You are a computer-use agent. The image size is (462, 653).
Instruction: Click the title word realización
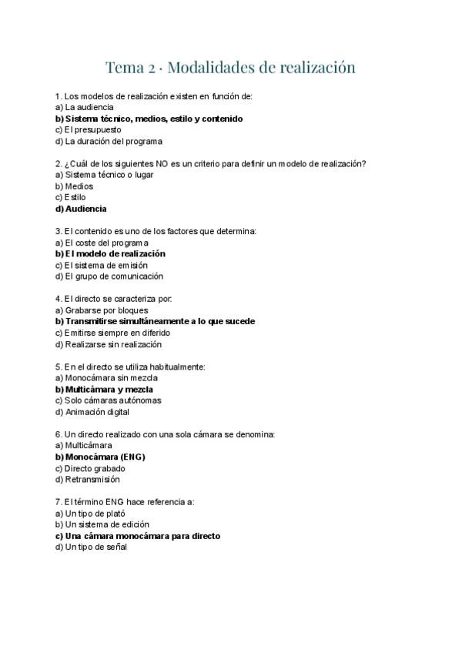pyautogui.click(x=314, y=68)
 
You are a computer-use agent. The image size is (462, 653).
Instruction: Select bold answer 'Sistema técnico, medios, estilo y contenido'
pyautogui.click(x=154, y=119)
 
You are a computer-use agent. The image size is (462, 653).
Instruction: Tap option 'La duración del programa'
pyautogui.click(x=113, y=141)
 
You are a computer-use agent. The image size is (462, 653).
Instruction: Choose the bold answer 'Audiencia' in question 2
pyautogui.click(x=85, y=209)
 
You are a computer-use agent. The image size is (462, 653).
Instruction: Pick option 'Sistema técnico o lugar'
pyautogui.click(x=109, y=175)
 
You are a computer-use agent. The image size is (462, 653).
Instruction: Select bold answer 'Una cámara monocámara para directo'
pyautogui.click(x=142, y=535)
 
